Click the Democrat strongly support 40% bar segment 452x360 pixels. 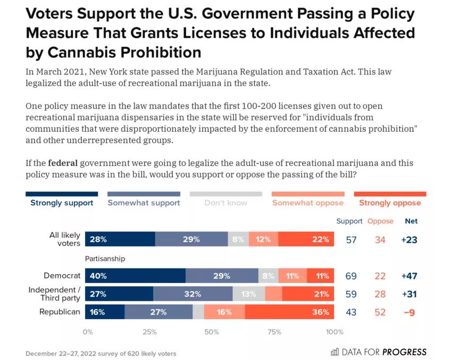tap(135, 276)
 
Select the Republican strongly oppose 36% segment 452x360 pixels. tap(289, 312)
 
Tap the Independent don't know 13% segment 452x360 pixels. tap(249, 294)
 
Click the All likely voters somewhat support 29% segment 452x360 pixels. tap(191, 239)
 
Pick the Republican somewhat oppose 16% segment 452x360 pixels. tap(224, 312)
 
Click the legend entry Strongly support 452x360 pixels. tap(62, 203)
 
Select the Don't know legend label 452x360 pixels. tap(226, 203)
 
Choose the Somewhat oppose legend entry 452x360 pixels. tap(308, 203)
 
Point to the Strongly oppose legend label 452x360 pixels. tap(390, 203)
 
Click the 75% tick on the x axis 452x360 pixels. tap(274, 332)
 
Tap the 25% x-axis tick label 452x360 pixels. tap(150, 332)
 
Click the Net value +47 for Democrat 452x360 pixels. tap(409, 276)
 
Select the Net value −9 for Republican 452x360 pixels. tap(409, 312)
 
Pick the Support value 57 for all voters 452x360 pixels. tap(351, 240)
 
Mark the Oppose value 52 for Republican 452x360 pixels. tap(380, 312)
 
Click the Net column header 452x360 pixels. tap(411, 221)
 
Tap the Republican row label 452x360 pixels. tap(60, 312)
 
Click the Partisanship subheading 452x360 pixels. tap(105, 258)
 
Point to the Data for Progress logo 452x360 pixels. tap(379, 351)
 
